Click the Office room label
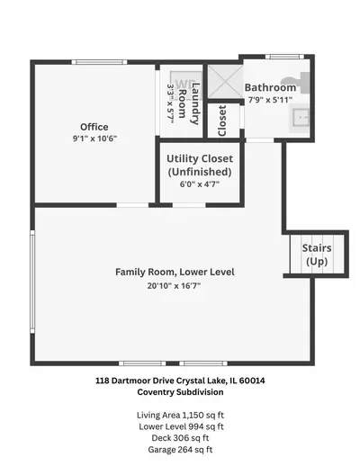click(x=94, y=127)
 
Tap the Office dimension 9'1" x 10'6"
click(x=94, y=139)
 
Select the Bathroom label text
click(x=270, y=87)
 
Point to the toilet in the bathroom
click(x=295, y=82)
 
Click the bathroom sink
click(x=300, y=118)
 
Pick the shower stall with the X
click(x=225, y=81)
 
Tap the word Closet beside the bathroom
click(x=222, y=121)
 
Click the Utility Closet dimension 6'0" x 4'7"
click(x=200, y=184)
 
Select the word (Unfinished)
click(x=200, y=172)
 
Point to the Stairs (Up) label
click(x=317, y=255)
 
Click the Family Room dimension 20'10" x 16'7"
click(x=174, y=285)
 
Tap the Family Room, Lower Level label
click(x=175, y=272)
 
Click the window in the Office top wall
click(x=99, y=62)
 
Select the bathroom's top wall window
click(x=284, y=57)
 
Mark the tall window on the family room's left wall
click(x=32, y=282)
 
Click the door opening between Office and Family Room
click(x=132, y=205)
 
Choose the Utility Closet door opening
click(x=189, y=205)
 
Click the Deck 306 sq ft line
click(x=180, y=438)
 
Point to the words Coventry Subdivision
click(x=180, y=392)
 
